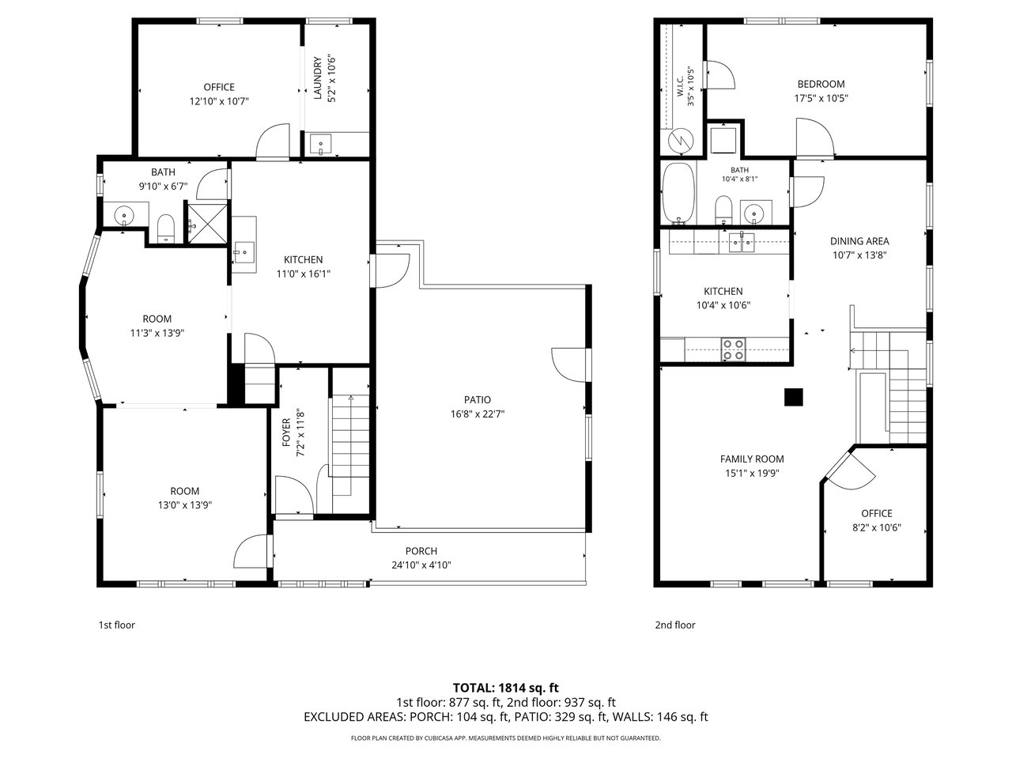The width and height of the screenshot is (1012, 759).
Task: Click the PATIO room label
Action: tap(478, 399)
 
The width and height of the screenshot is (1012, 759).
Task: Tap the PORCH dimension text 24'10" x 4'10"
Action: tap(421, 565)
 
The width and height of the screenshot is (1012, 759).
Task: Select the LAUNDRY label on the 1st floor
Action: tap(317, 78)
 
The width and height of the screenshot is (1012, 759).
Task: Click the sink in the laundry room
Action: tap(320, 144)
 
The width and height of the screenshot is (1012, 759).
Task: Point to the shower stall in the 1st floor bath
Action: tap(207, 224)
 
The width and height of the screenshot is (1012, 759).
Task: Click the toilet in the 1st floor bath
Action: tap(165, 228)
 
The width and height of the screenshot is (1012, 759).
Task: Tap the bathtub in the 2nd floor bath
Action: tap(678, 193)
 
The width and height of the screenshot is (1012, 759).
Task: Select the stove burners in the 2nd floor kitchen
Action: tap(733, 349)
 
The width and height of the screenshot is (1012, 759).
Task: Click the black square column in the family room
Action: tap(794, 397)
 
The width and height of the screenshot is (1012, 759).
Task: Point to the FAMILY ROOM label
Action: tap(752, 459)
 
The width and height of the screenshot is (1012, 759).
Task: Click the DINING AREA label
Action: tap(859, 241)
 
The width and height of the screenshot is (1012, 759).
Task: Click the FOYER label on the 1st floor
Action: tap(286, 432)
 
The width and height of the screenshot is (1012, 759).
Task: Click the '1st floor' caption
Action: tap(117, 625)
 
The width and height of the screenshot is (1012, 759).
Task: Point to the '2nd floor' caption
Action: tap(675, 625)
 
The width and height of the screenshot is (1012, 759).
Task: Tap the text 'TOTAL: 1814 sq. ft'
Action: tap(506, 688)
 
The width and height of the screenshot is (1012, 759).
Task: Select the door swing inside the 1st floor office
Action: tap(273, 142)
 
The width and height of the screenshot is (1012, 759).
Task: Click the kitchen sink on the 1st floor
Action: tap(244, 252)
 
